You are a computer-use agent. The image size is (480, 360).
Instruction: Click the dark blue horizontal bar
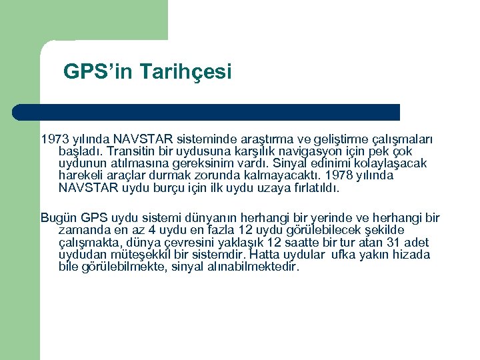207,111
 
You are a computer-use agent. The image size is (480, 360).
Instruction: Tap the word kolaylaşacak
391,164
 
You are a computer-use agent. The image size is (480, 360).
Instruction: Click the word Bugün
59,218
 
